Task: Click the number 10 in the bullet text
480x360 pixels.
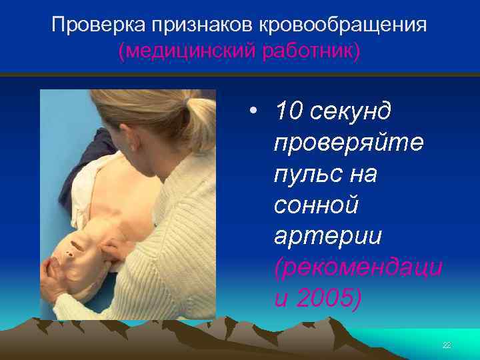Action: pos(289,111)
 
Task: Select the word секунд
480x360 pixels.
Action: pos(353,111)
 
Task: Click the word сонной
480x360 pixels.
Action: pos(316,205)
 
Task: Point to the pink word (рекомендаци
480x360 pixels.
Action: pos(357,268)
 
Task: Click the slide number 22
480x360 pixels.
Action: pos(447,344)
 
